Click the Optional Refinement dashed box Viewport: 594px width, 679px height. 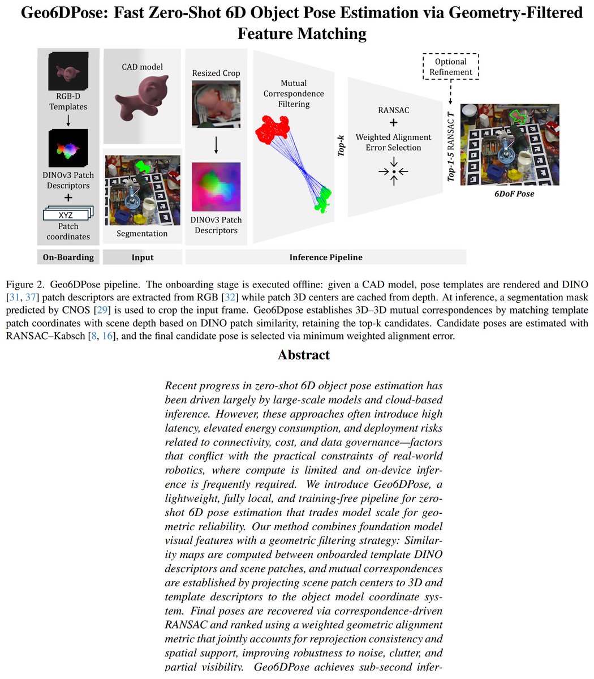click(x=451, y=67)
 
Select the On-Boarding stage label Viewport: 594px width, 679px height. click(x=68, y=257)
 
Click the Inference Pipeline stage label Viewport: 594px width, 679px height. click(x=326, y=257)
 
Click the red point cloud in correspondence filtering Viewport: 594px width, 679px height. click(x=273, y=128)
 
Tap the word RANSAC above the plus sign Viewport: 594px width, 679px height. click(x=393, y=110)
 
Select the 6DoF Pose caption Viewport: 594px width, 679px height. click(x=510, y=194)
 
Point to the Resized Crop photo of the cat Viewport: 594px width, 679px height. click(x=216, y=103)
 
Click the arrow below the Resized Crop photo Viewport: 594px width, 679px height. click(x=216, y=145)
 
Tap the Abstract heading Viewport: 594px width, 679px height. click(x=303, y=355)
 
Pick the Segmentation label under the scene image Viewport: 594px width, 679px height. click(x=142, y=233)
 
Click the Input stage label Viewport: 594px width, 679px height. click(x=142, y=257)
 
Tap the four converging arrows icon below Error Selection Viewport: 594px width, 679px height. click(x=394, y=170)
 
